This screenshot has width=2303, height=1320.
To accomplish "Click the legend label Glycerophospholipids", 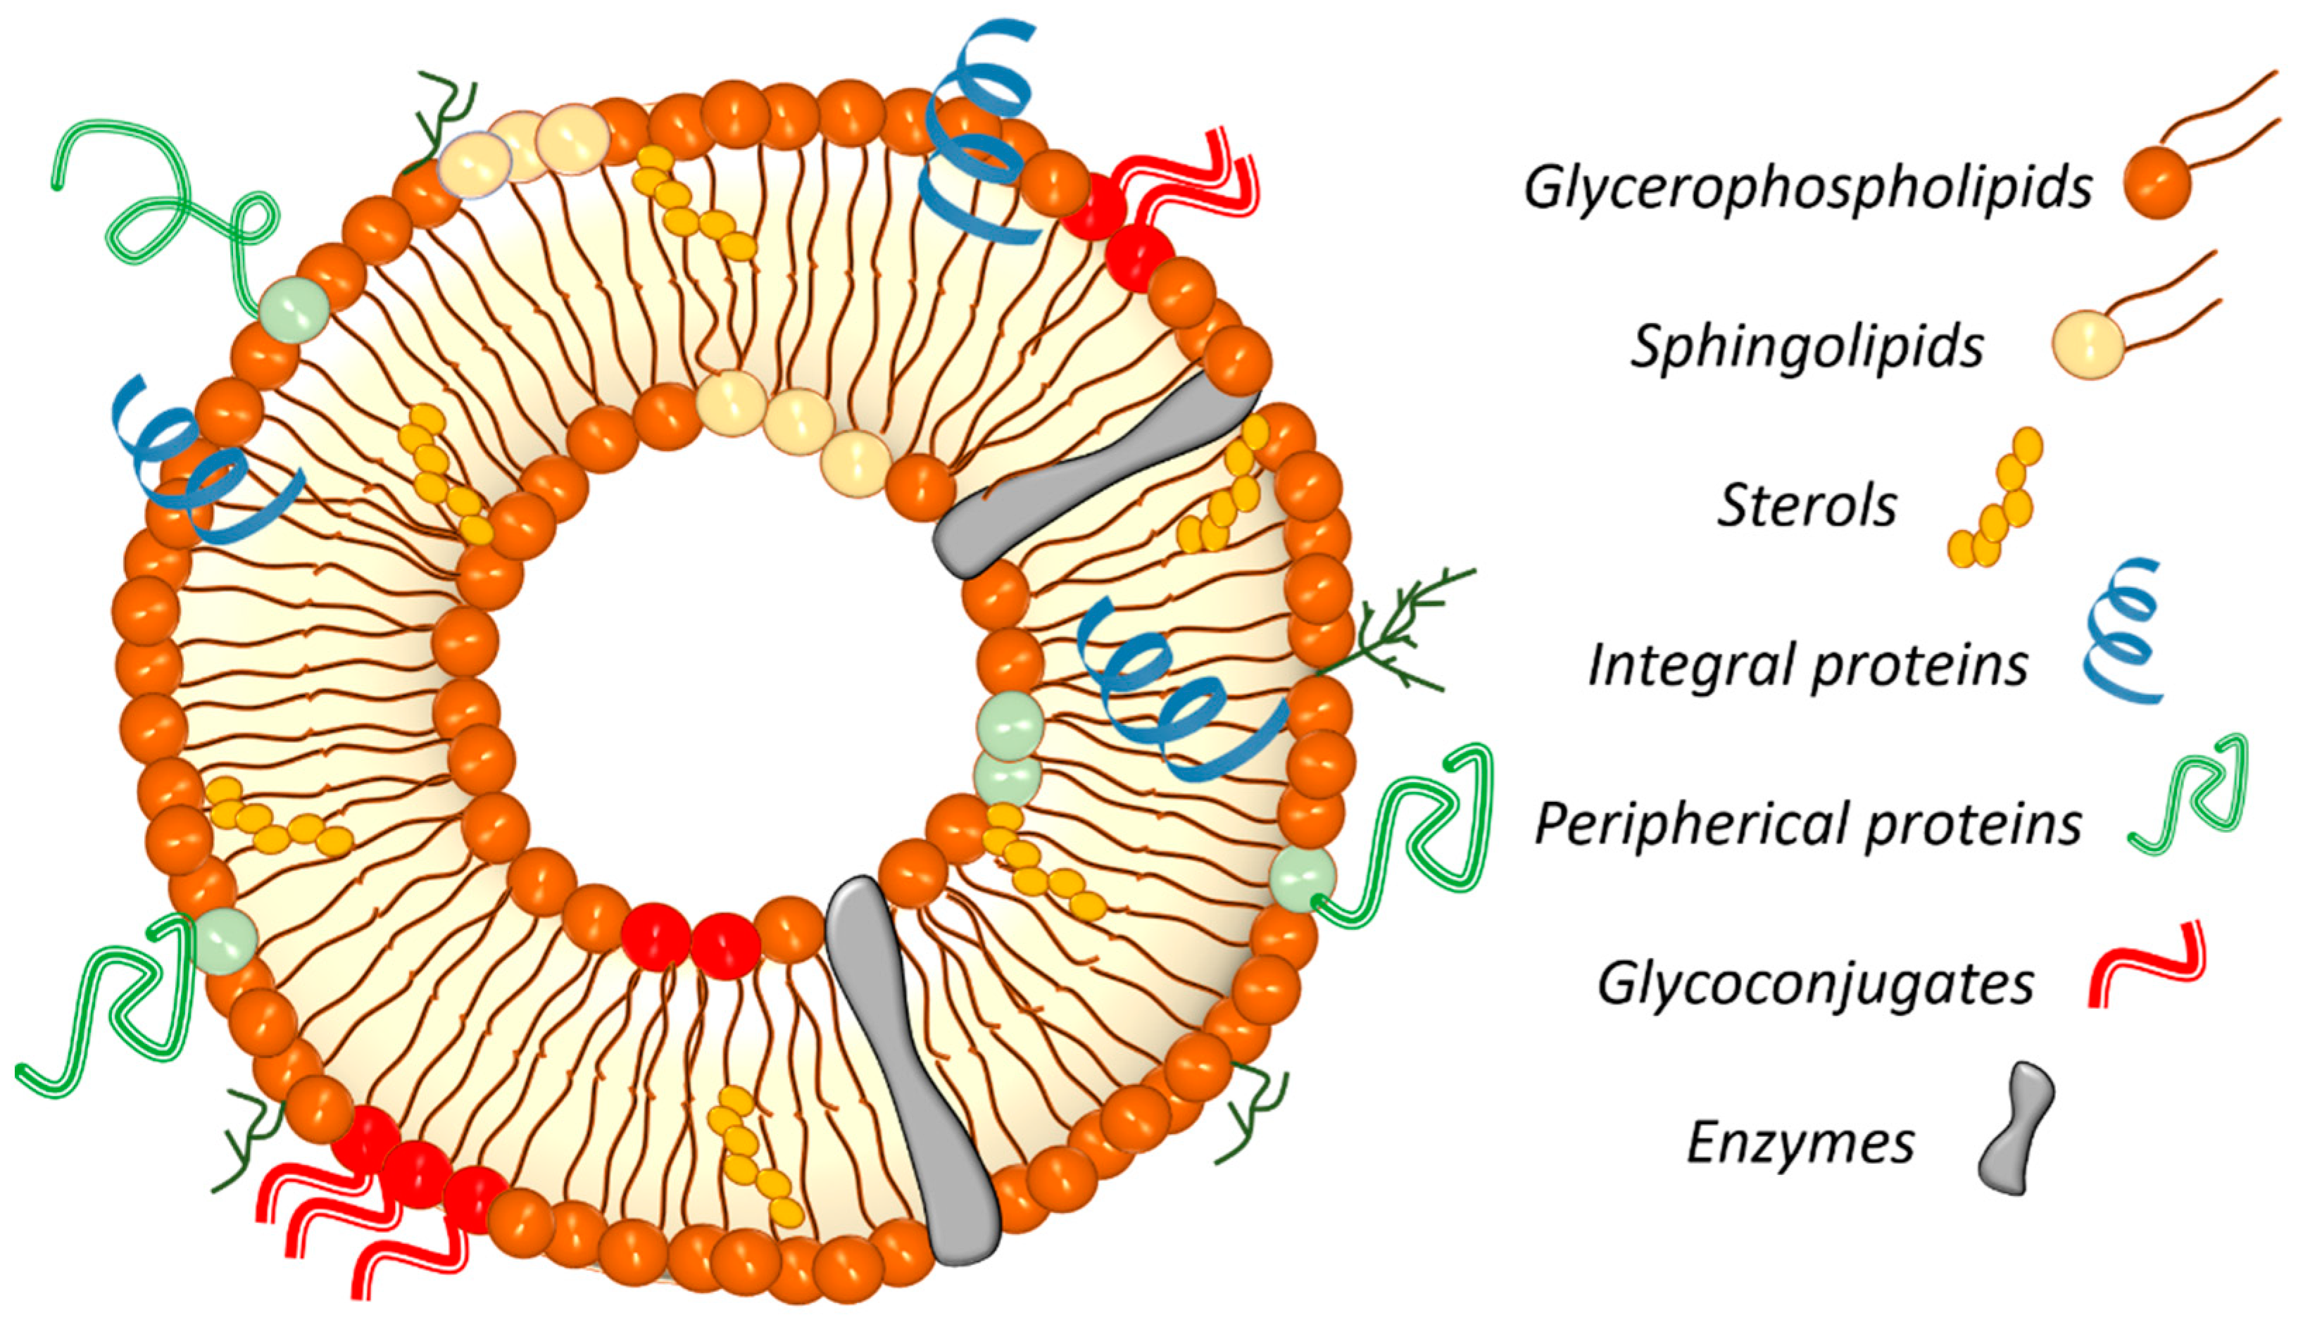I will (1808, 189).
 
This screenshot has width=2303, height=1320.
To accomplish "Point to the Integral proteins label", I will (1808, 665).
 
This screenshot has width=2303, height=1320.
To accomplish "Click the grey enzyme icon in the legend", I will (2016, 1140).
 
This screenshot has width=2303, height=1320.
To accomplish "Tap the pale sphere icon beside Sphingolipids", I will (2089, 344).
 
